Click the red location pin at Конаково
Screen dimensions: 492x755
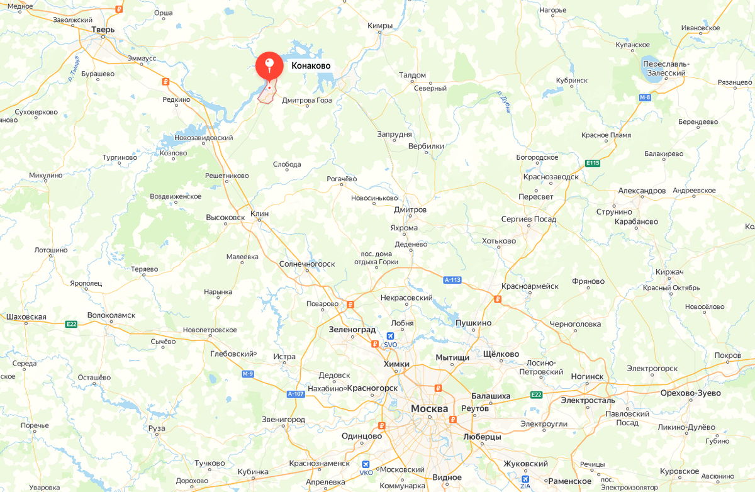pos(269,65)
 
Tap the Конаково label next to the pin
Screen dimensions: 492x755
pos(311,65)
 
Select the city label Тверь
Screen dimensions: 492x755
pos(103,30)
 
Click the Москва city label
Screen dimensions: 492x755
pos(429,409)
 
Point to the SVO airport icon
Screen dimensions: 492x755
pos(391,337)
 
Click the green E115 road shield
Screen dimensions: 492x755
pos(592,163)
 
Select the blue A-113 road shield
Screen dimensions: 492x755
pos(452,280)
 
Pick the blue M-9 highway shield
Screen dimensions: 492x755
pos(248,374)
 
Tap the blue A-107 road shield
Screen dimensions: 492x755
pos(296,394)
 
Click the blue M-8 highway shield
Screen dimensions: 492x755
pos(645,98)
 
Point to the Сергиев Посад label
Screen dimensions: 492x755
pos(528,219)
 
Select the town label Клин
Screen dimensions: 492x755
pos(259,214)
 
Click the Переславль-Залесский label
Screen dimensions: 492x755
pos(666,69)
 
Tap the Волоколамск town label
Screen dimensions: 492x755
pos(111,315)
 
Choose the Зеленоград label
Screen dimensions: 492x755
pos(352,329)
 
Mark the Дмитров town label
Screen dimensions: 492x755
pos(410,210)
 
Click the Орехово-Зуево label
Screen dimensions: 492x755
pos(690,393)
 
